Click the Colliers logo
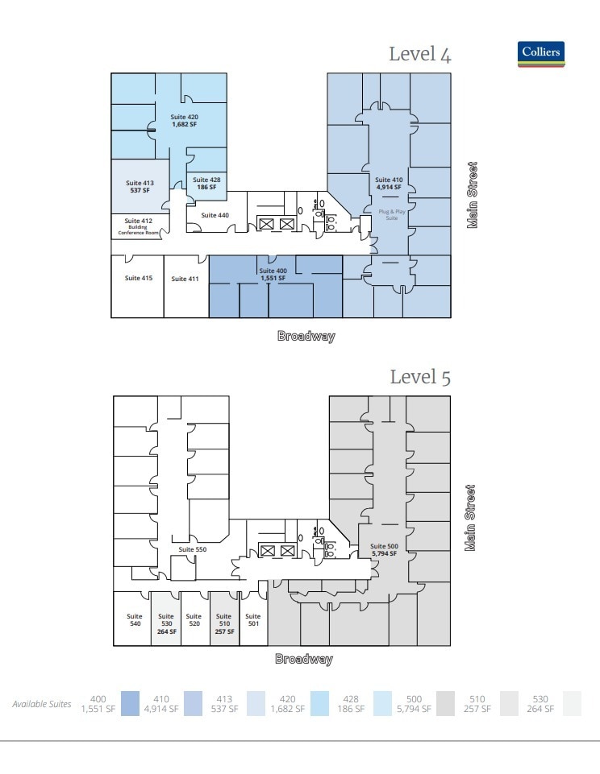click(x=543, y=53)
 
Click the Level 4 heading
click(x=419, y=55)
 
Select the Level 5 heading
click(x=419, y=377)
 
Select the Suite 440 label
click(x=215, y=215)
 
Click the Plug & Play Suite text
click(x=390, y=213)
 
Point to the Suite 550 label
click(x=193, y=548)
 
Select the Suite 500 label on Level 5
click(x=384, y=550)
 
